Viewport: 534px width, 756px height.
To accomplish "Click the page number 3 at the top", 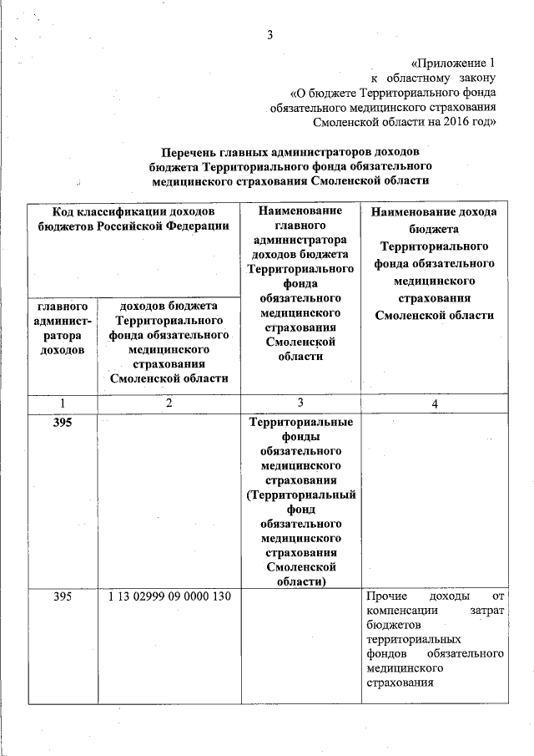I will [x=270, y=34].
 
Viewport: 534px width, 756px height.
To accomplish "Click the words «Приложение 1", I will [x=455, y=63].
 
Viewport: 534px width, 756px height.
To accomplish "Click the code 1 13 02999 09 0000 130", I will [x=169, y=596].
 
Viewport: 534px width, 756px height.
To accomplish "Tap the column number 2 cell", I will [x=169, y=403].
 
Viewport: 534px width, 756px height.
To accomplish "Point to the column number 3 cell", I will [x=300, y=403].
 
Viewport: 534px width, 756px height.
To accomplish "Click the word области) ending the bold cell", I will [x=300, y=581].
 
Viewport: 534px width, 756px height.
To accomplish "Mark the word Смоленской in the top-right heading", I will [x=340, y=122].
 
